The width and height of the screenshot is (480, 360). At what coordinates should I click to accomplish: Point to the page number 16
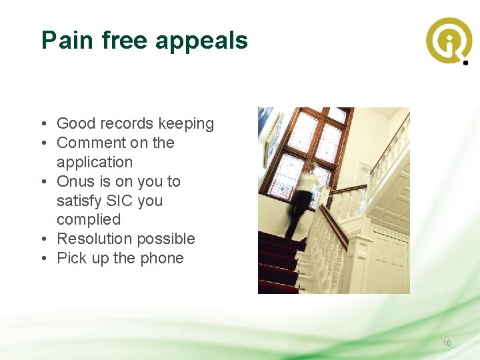click(x=447, y=343)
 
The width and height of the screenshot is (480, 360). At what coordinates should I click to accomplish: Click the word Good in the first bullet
click(x=75, y=123)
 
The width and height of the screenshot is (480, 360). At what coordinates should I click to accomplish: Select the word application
click(x=95, y=163)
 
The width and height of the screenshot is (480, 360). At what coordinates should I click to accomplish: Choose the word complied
click(x=89, y=220)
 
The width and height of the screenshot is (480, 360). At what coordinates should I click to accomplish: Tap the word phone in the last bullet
click(x=162, y=259)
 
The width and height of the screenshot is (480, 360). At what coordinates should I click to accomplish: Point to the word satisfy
click(x=79, y=201)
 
